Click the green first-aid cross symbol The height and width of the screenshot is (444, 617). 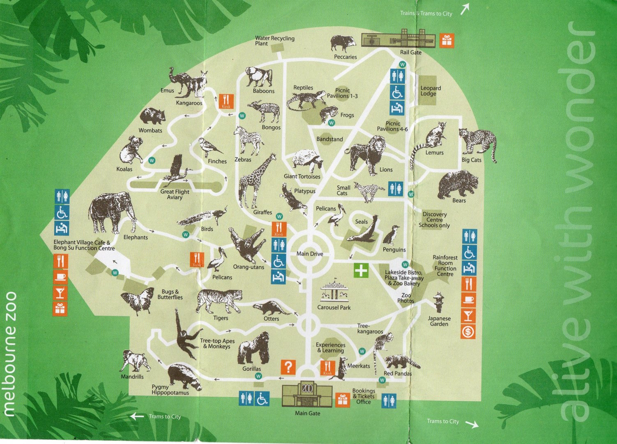coord(361,271)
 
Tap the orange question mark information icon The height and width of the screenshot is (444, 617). coord(288,367)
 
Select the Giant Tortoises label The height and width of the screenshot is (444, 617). coord(302,176)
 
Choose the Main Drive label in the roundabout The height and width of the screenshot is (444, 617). coord(310,254)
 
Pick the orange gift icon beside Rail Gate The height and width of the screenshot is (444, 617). coord(447,40)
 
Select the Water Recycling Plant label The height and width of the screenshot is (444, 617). coord(274,41)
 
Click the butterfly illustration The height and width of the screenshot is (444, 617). coord(137,300)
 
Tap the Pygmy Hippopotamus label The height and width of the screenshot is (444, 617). coord(170,390)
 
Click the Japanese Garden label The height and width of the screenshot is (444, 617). coord(439,321)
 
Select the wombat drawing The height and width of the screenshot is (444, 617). coord(152,116)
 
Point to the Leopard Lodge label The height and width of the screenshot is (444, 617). coord(431,91)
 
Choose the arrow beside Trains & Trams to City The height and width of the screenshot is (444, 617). coord(465,9)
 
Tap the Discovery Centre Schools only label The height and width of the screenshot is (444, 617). coord(434,220)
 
